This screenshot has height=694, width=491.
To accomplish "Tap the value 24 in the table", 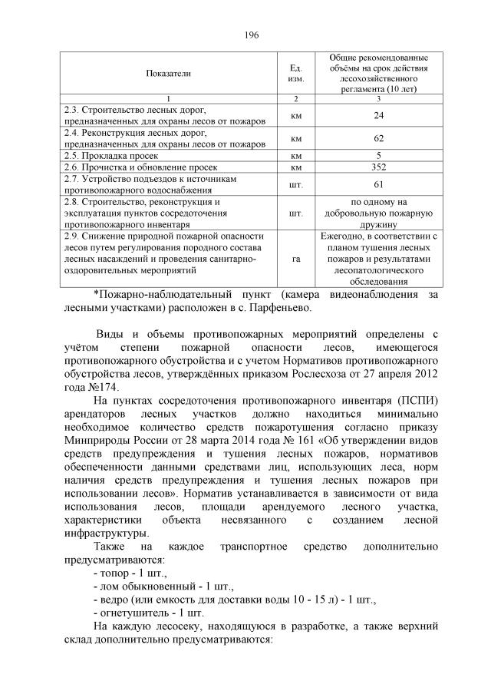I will tap(377, 116).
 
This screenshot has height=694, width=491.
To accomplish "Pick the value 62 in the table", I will tap(377, 138).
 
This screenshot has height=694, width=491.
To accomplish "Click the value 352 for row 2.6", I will tap(377, 167).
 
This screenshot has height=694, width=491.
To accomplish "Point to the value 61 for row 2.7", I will tap(377, 184).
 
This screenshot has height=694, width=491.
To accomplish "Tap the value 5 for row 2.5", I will tap(377, 155).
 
